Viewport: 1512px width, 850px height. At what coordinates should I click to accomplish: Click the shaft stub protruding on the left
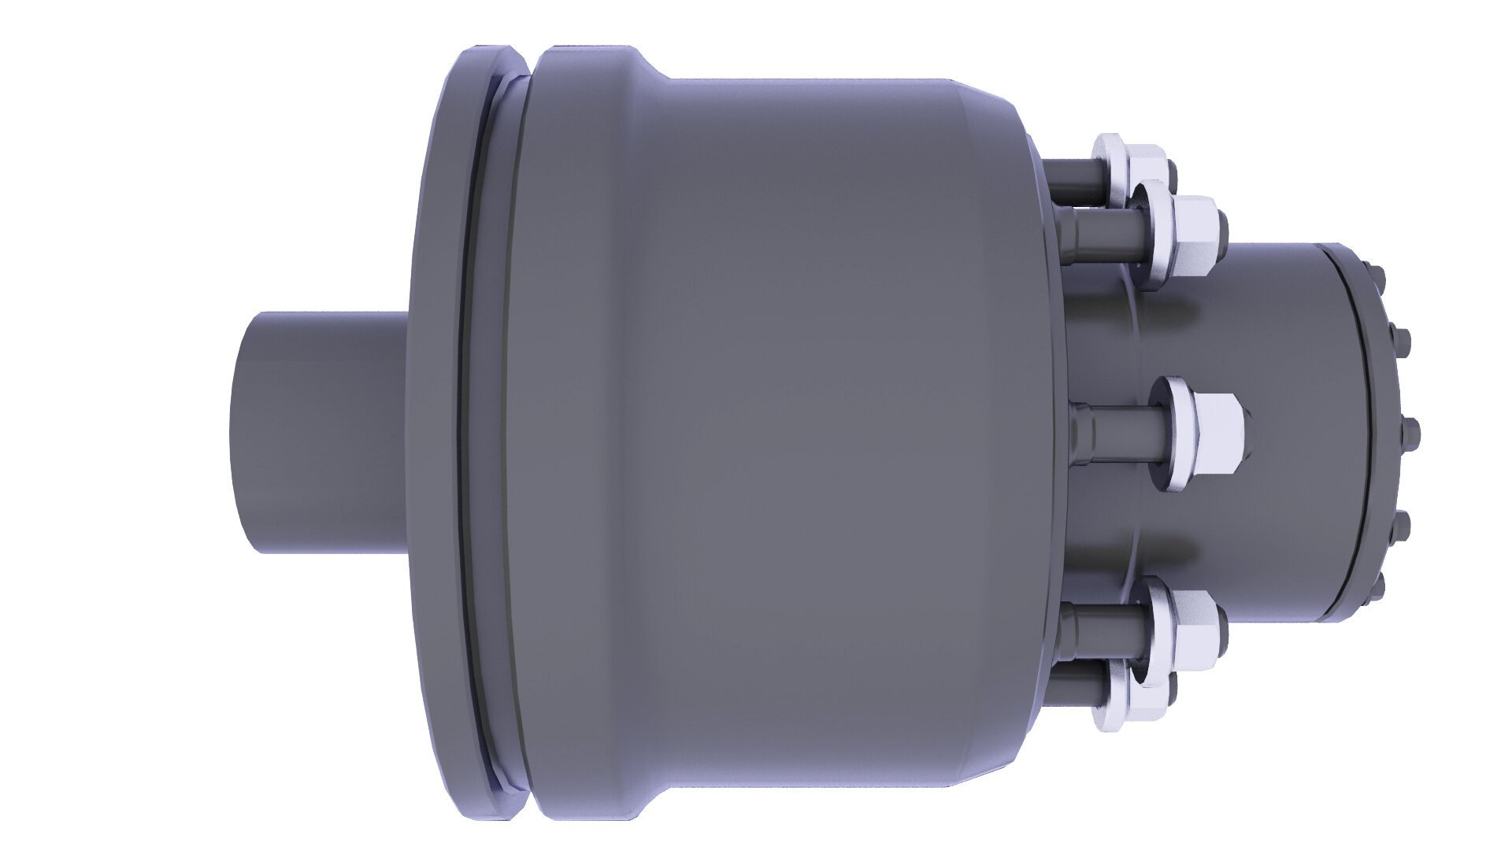[315, 433]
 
